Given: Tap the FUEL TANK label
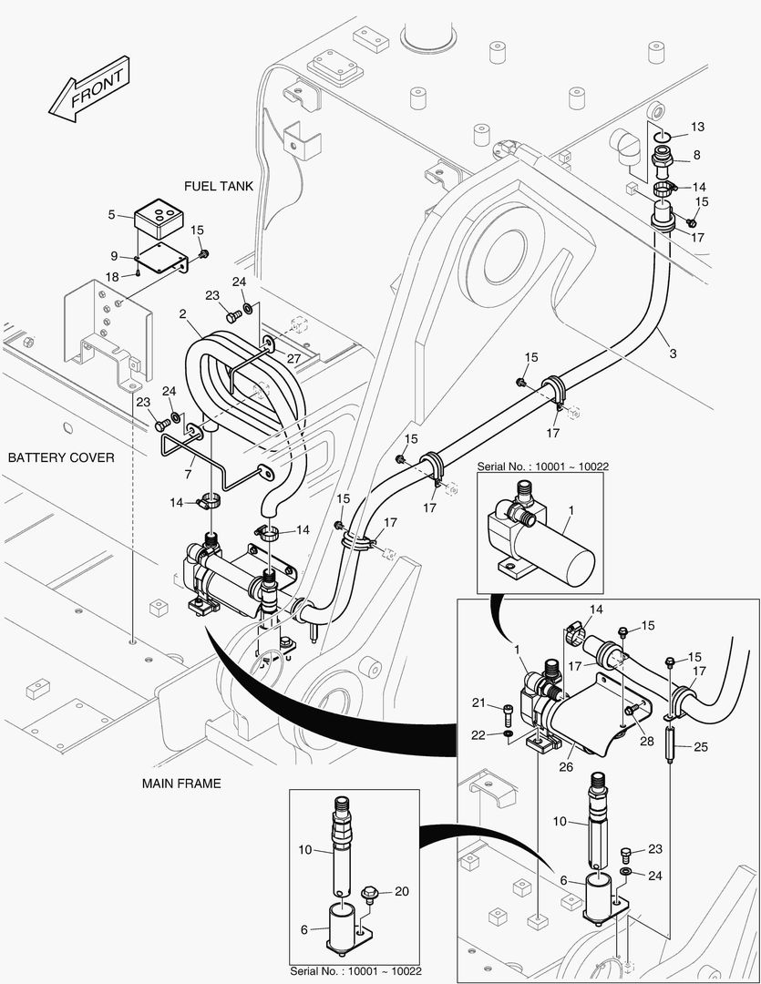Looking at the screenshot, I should point(218,186).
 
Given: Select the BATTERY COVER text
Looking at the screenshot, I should point(61,456).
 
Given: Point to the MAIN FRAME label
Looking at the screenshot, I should point(181,783).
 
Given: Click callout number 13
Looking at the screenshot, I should point(697,126).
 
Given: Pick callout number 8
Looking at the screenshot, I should point(697,155).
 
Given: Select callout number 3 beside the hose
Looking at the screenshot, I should point(674,352).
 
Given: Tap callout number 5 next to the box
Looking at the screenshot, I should point(111,215).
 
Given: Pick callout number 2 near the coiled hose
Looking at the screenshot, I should point(183,313).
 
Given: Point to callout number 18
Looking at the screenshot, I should point(111,275).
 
